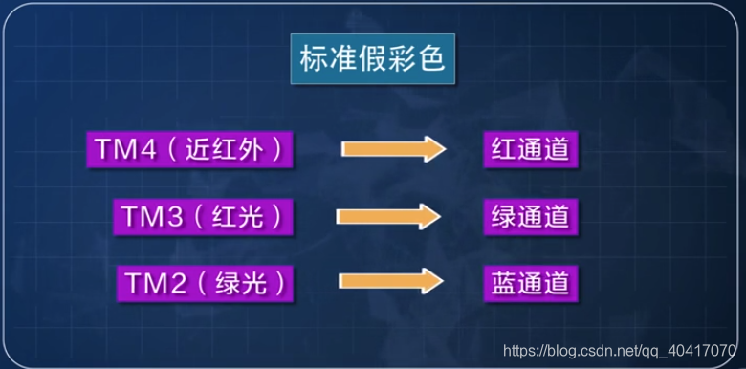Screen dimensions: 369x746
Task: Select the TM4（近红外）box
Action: pyautogui.click(x=189, y=149)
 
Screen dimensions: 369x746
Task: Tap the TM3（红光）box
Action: pyautogui.click(x=202, y=216)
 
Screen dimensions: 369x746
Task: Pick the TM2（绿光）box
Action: pyautogui.click(x=204, y=283)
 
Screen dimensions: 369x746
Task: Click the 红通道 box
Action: pyautogui.click(x=531, y=150)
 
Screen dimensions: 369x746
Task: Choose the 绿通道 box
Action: pyautogui.click(x=531, y=216)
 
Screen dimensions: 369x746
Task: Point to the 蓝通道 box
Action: pyautogui.click(x=531, y=283)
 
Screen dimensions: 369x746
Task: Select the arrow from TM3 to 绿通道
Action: pyautogui.click(x=387, y=216)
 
